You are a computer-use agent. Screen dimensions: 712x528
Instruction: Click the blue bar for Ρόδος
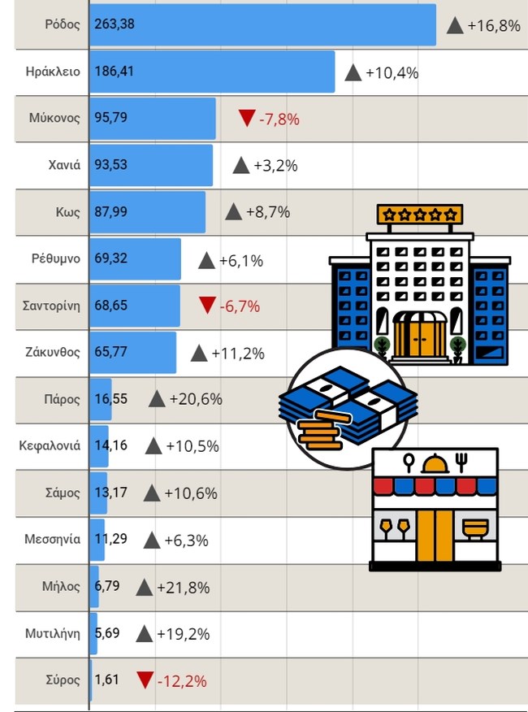tap(262, 24)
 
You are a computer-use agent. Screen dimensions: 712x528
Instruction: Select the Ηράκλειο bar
tap(211, 72)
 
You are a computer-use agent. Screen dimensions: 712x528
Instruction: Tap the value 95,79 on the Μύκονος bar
tap(111, 118)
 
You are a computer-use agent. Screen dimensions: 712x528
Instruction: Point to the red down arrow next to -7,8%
tap(247, 119)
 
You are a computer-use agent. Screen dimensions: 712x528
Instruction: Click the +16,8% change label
tap(494, 25)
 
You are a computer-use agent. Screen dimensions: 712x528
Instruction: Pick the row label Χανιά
tap(64, 165)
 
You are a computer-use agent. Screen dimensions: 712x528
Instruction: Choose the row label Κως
tap(68, 212)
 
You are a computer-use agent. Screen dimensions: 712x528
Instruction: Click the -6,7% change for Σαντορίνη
tap(240, 306)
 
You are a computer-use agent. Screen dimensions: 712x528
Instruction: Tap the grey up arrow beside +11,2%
tap(199, 353)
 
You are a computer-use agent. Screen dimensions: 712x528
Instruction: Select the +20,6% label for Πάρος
tap(195, 399)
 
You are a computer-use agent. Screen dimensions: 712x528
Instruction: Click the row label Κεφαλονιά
tap(50, 445)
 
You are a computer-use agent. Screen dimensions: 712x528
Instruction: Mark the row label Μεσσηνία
tap(53, 539)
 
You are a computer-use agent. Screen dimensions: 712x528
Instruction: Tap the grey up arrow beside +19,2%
tap(145, 633)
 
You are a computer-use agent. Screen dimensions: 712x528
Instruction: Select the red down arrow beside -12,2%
tap(145, 680)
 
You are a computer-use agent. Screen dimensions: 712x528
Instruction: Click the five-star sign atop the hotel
tap(419, 215)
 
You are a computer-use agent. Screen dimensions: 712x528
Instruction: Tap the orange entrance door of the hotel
tap(419, 336)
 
